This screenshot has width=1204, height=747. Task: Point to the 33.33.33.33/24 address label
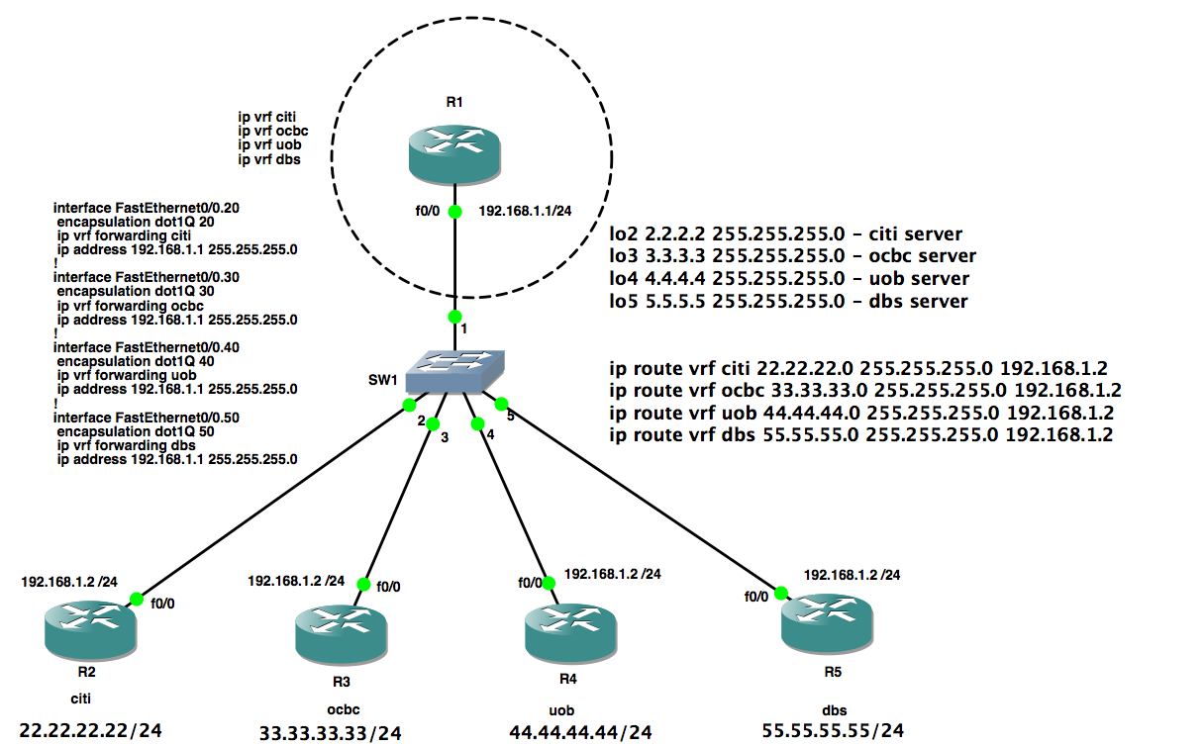click(x=331, y=733)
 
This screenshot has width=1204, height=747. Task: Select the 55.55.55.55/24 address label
click(x=833, y=730)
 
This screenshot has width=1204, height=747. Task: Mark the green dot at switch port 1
click(x=454, y=317)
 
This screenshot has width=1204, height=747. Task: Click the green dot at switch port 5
click(x=501, y=403)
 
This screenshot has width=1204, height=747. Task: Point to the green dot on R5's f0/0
click(x=781, y=594)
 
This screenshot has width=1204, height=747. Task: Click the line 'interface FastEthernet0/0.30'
click(x=147, y=278)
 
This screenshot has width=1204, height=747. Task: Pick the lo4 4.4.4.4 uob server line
click(x=789, y=279)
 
